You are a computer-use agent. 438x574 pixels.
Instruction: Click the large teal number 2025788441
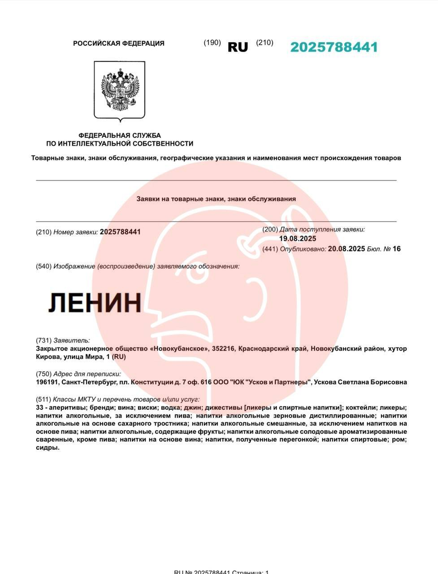pos(334,47)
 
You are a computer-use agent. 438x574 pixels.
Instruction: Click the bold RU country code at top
pos(238,47)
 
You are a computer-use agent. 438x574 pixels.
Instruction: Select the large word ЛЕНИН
pos(95,302)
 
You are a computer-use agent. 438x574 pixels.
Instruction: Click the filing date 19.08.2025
pos(298,239)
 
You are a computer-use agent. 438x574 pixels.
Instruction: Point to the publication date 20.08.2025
pos(347,248)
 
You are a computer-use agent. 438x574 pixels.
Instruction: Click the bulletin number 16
pos(396,248)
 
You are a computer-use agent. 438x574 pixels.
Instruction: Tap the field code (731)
pos(43,340)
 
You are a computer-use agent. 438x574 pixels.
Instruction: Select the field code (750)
pos(43,374)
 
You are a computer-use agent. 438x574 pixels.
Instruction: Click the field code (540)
pos(43,266)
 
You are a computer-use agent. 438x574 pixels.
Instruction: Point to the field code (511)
pos(43,399)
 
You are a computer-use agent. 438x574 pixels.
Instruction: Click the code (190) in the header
pos(212,43)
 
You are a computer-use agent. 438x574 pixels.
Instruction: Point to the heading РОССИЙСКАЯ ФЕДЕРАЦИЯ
pos(119,43)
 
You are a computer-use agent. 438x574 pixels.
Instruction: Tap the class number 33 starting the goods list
pos(39,408)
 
